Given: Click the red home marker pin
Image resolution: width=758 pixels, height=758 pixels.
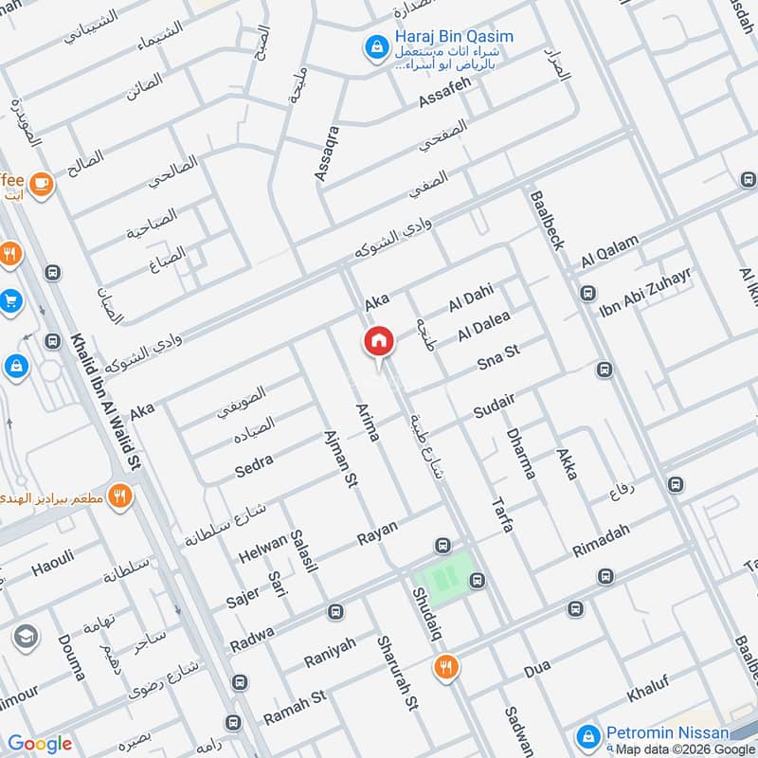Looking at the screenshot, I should [x=378, y=342].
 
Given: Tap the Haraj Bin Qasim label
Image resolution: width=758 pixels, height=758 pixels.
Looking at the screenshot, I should [x=453, y=37].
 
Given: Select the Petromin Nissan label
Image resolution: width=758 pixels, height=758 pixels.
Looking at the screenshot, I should [x=667, y=732].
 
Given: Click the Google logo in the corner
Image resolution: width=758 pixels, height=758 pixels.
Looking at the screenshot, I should [x=40, y=744].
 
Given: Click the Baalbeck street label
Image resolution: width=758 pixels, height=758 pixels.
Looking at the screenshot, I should [x=549, y=219].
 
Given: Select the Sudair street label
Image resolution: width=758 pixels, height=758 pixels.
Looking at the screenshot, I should [x=495, y=405].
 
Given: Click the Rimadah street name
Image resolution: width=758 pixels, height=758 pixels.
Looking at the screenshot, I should [x=601, y=542].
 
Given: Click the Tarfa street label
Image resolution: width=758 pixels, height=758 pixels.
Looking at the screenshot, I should [x=501, y=512].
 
